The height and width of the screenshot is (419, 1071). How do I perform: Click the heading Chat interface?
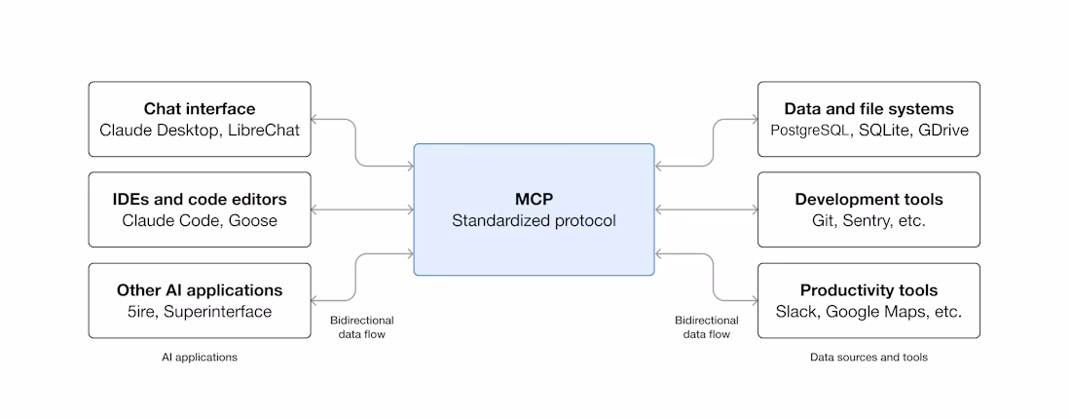200,108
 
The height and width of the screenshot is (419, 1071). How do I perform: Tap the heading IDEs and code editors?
200,200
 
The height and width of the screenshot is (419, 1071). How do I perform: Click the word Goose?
253,221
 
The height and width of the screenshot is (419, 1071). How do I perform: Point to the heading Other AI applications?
200,290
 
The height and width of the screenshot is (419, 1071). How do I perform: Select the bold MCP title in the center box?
534,199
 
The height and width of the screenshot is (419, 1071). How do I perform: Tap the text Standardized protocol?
534,221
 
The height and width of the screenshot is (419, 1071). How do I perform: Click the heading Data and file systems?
868,108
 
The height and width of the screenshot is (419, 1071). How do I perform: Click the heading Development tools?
868,200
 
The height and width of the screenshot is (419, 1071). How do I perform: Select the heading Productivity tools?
868,290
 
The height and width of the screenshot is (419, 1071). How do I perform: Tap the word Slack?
797,312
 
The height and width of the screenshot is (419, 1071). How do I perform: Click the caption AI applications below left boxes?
200,358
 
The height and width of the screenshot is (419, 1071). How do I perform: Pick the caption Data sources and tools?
868,358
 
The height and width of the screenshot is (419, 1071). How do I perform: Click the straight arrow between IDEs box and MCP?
362,209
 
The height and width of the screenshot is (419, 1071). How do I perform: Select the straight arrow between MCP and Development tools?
706,209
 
